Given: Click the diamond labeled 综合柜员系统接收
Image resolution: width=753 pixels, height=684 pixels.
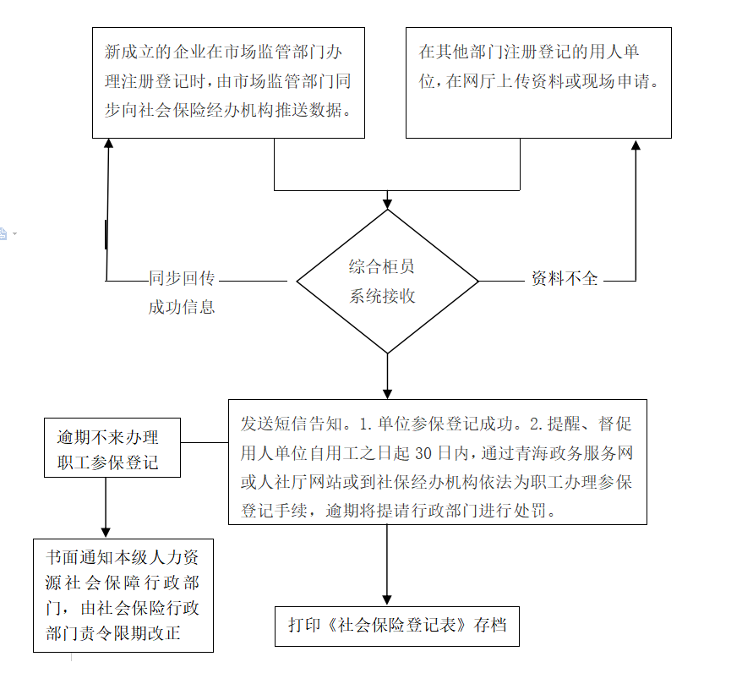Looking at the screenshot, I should (x=387, y=281).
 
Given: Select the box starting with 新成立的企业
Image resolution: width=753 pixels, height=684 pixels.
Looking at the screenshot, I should (x=228, y=82).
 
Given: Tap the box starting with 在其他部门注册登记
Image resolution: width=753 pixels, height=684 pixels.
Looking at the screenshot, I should (x=538, y=82).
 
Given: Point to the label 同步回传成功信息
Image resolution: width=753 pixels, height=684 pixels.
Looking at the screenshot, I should (x=182, y=293).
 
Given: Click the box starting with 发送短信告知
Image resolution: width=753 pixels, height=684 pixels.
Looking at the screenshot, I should (x=437, y=462).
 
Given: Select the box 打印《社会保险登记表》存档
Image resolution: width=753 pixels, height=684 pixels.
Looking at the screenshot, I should (x=397, y=626).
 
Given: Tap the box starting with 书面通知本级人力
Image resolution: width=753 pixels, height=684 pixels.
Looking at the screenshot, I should (x=123, y=595).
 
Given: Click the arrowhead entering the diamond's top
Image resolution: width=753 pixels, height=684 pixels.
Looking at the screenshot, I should (x=387, y=203).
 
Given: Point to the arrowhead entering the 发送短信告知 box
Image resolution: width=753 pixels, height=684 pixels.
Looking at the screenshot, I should (x=387, y=393).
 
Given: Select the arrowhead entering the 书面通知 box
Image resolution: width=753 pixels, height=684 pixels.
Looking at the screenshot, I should (x=106, y=532).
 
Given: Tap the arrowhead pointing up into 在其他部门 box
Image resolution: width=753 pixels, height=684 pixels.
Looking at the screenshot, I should (x=636, y=145).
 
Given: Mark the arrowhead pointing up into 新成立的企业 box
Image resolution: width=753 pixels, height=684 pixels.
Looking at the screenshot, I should (x=108, y=145).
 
